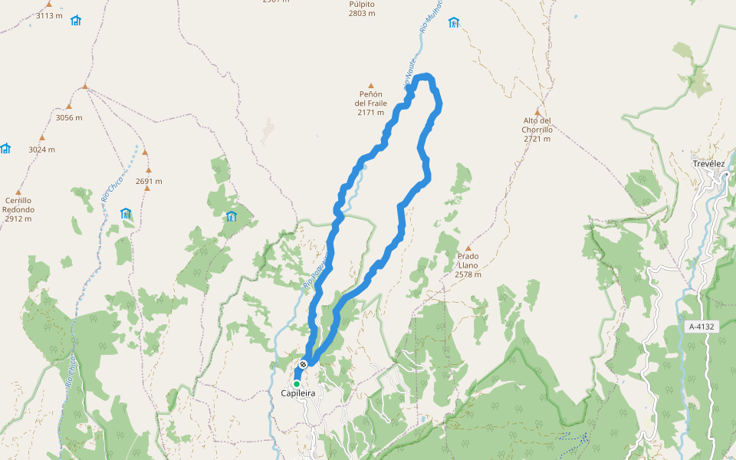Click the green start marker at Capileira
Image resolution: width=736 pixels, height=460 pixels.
coord(297,383)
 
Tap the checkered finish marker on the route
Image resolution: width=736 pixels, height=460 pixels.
coord(304,364)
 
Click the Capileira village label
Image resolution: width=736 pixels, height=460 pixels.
coord(298,393)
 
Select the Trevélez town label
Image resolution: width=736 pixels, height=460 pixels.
coord(708,163)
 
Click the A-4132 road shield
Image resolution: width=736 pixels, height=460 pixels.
coord(701,327)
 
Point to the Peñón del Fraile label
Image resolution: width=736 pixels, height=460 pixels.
coord(371,103)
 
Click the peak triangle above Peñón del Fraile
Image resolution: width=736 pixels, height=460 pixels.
coord(371,86)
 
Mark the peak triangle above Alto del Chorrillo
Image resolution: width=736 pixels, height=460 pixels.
coord(537,112)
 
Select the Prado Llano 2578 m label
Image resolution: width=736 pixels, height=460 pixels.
coord(468,265)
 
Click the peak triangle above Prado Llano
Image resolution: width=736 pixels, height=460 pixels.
coord(468,248)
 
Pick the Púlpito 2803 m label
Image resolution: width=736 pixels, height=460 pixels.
coord(362,8)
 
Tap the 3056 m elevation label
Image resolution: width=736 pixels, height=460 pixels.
coord(69,117)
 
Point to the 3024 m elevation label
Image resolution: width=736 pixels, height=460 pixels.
coord(41,149)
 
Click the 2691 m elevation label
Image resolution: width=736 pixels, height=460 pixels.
coord(149,182)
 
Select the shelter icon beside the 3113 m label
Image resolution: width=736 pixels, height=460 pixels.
coord(76,21)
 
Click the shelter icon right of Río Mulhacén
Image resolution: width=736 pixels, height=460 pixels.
coord(454,22)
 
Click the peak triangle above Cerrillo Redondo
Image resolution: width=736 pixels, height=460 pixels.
coord(18,192)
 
